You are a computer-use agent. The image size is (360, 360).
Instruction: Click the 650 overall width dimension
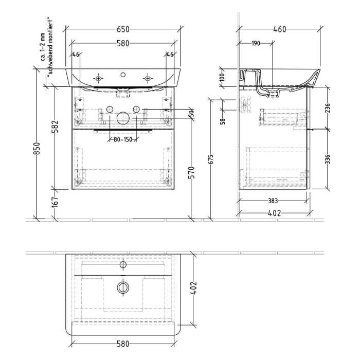tap(123, 29)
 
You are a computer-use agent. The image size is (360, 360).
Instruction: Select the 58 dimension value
tap(222, 121)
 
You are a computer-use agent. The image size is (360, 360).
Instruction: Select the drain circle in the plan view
tap(123, 287)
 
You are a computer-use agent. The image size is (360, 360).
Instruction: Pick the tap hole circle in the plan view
tap(123, 265)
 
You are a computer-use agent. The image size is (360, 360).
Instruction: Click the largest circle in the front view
tap(123, 118)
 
